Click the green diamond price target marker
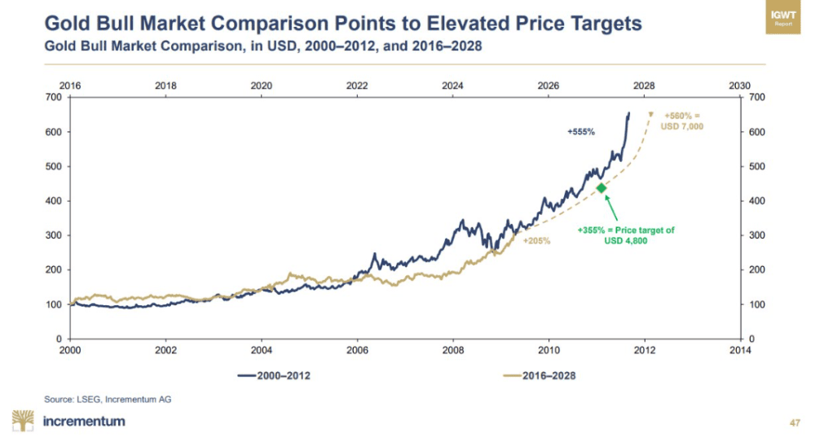click(602, 188)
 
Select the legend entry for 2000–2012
click(275, 375)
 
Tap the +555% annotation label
click(582, 131)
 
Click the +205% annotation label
click(537, 241)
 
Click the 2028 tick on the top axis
click(644, 85)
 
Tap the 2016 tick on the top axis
click(70, 85)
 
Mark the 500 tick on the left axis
click(53, 166)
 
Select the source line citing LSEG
click(108, 399)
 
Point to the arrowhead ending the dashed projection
click(650, 114)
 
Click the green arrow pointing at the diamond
click(613, 208)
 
